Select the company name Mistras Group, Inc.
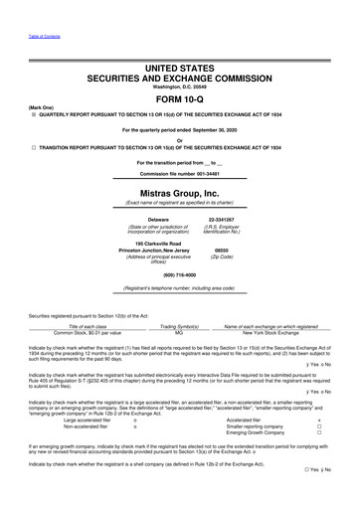coord(179,194)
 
